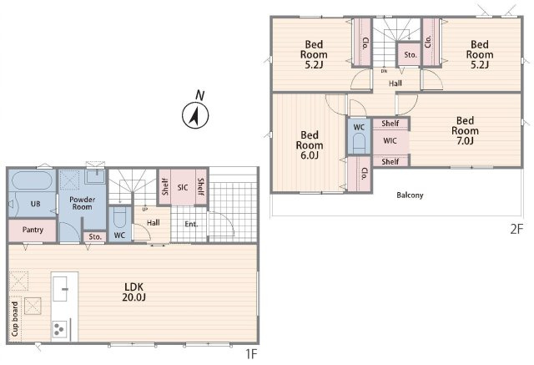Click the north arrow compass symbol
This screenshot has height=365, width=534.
point(195,115)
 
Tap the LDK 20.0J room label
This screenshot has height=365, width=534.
point(134,291)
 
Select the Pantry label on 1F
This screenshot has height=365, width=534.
point(33,230)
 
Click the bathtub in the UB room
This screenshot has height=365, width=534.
point(32,180)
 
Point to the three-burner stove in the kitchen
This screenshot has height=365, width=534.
point(58,329)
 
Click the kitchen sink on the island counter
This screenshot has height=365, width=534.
point(60,289)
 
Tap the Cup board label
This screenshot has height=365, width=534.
point(15,319)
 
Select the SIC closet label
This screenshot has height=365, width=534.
point(183,187)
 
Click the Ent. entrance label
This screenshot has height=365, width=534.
point(191,224)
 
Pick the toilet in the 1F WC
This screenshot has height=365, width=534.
point(119,217)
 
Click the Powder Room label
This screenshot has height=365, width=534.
point(82,203)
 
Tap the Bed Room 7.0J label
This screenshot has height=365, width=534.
point(465,130)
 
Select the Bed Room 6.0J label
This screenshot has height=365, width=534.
point(310,145)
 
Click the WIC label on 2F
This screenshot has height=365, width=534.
point(390,140)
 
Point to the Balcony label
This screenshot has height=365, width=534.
point(410,195)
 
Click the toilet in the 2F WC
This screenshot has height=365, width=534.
point(359,143)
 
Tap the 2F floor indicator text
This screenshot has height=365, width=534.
point(516,229)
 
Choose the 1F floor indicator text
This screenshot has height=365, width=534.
point(251,354)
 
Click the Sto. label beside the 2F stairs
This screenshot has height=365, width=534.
point(410,54)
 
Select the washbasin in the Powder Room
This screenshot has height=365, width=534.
point(95,176)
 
